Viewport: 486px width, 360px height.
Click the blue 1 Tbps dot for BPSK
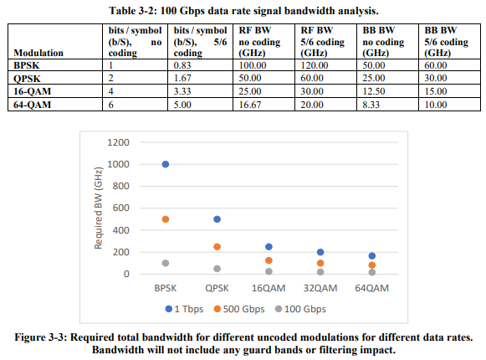[x=166, y=164]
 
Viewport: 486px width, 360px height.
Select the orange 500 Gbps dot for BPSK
[x=166, y=219]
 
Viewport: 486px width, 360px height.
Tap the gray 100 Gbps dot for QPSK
[x=217, y=269]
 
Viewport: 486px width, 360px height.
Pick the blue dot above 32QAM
[x=320, y=252]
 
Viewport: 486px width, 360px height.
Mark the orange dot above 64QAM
[x=372, y=265]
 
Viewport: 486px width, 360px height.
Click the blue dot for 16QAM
[x=269, y=247]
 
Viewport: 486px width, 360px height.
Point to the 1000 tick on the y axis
[x=118, y=164]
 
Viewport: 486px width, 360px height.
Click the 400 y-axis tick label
[x=121, y=230]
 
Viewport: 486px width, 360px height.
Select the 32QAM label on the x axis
[x=320, y=288]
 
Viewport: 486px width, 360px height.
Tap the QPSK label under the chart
[x=217, y=288]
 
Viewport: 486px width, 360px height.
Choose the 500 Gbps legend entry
[x=239, y=309]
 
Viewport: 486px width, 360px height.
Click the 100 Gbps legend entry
[x=300, y=309]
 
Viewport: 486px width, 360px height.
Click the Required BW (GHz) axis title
[x=98, y=208]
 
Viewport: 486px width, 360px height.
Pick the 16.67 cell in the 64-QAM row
[x=250, y=105]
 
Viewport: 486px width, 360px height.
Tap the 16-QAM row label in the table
[x=33, y=91]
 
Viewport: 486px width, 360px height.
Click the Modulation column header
[x=38, y=53]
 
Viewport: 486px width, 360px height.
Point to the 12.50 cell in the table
[x=374, y=91]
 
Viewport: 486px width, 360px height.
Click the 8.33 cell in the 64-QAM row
[x=371, y=105]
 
